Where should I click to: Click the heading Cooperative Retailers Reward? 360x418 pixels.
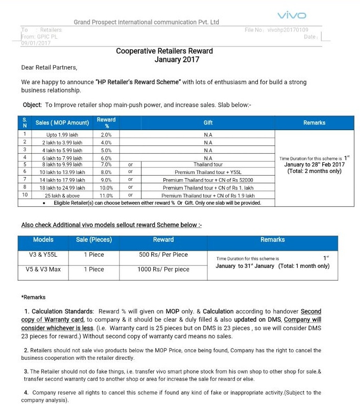coord(164,51)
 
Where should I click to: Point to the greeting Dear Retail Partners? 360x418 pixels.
coord(49,67)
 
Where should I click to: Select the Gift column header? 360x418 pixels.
coord(208,123)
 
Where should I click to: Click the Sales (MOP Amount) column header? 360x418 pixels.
coord(62,123)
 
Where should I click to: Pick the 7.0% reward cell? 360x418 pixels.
coord(106,165)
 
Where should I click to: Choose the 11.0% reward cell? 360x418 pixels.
coord(106,195)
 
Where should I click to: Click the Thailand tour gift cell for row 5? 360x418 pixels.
coord(208,165)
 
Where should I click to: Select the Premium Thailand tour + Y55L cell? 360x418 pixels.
coord(208,173)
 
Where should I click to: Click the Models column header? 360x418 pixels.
coord(43,240)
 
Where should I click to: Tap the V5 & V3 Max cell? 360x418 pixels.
coord(43,269)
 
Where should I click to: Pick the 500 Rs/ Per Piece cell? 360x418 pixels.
coord(163,255)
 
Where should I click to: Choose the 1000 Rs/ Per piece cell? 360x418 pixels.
coord(163,269)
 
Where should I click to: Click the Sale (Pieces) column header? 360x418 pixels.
coord(94,240)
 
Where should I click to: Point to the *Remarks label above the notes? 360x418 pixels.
coord(33,297)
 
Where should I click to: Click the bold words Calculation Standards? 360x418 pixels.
coord(63,311)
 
